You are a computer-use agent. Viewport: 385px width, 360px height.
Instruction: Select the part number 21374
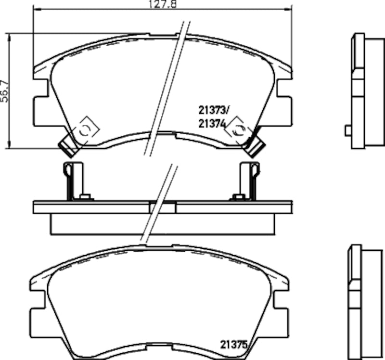pyautogui.click(x=212, y=123)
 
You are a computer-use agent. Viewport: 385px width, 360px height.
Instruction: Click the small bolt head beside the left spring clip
pyautogui.click(x=86, y=196)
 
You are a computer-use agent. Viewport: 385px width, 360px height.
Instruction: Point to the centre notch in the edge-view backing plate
pyautogui.click(x=163, y=207)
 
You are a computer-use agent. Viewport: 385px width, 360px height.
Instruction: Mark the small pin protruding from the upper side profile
pyautogui.click(x=347, y=130)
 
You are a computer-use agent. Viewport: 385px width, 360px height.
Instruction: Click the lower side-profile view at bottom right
pyautogui.click(x=363, y=302)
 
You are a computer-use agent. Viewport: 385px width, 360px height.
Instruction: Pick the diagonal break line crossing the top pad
pyautogui.click(x=167, y=87)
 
